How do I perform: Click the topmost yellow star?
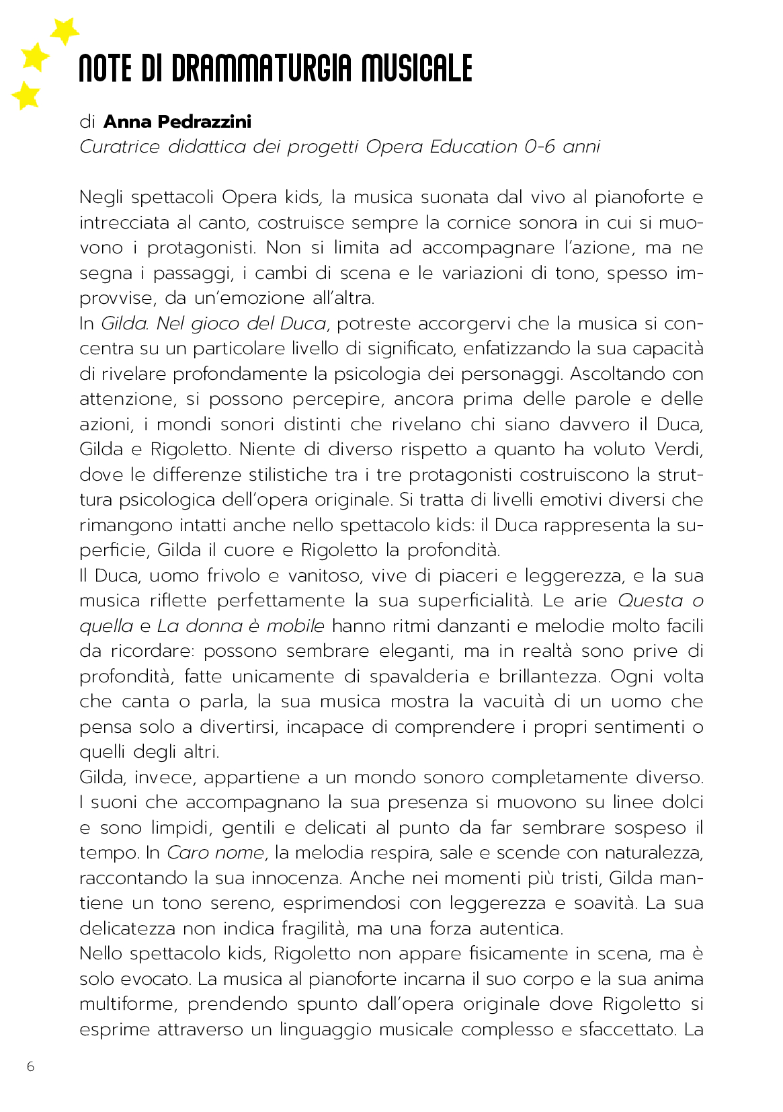pyautogui.click(x=65, y=30)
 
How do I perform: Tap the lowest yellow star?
pyautogui.click(x=27, y=95)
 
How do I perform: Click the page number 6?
pyautogui.click(x=30, y=1066)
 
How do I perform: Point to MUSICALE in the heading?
pyautogui.click(x=417, y=69)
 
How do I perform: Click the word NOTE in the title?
pyautogui.click(x=105, y=69)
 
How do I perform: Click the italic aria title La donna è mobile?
pyautogui.click(x=241, y=626)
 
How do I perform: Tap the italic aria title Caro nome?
pyautogui.click(x=215, y=852)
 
